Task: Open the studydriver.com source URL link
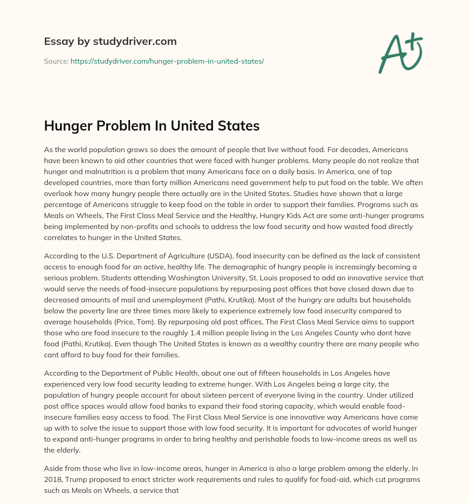click(x=167, y=61)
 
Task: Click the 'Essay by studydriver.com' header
click(x=110, y=41)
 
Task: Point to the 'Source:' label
click(x=56, y=61)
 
